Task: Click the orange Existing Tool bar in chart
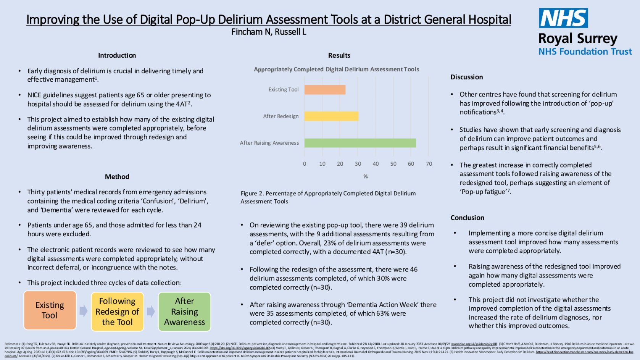point(325,90)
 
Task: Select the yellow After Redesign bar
point(331,116)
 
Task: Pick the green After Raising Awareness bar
point(360,143)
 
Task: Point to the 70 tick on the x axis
point(429,164)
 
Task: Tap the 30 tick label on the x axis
point(358,164)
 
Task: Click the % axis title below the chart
point(366,176)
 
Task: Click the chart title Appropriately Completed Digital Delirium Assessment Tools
point(336,69)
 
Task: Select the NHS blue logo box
point(563,18)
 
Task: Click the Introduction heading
point(117,55)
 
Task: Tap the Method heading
point(117,177)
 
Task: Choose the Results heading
point(339,55)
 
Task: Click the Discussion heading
point(466,77)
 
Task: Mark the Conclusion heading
point(467,218)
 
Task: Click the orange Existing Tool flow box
point(50,310)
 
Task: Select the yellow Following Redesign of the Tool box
point(117,312)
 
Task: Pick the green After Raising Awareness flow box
point(184,312)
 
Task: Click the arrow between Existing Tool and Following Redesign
point(84,311)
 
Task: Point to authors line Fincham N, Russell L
point(269,32)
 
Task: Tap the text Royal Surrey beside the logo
point(577,39)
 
